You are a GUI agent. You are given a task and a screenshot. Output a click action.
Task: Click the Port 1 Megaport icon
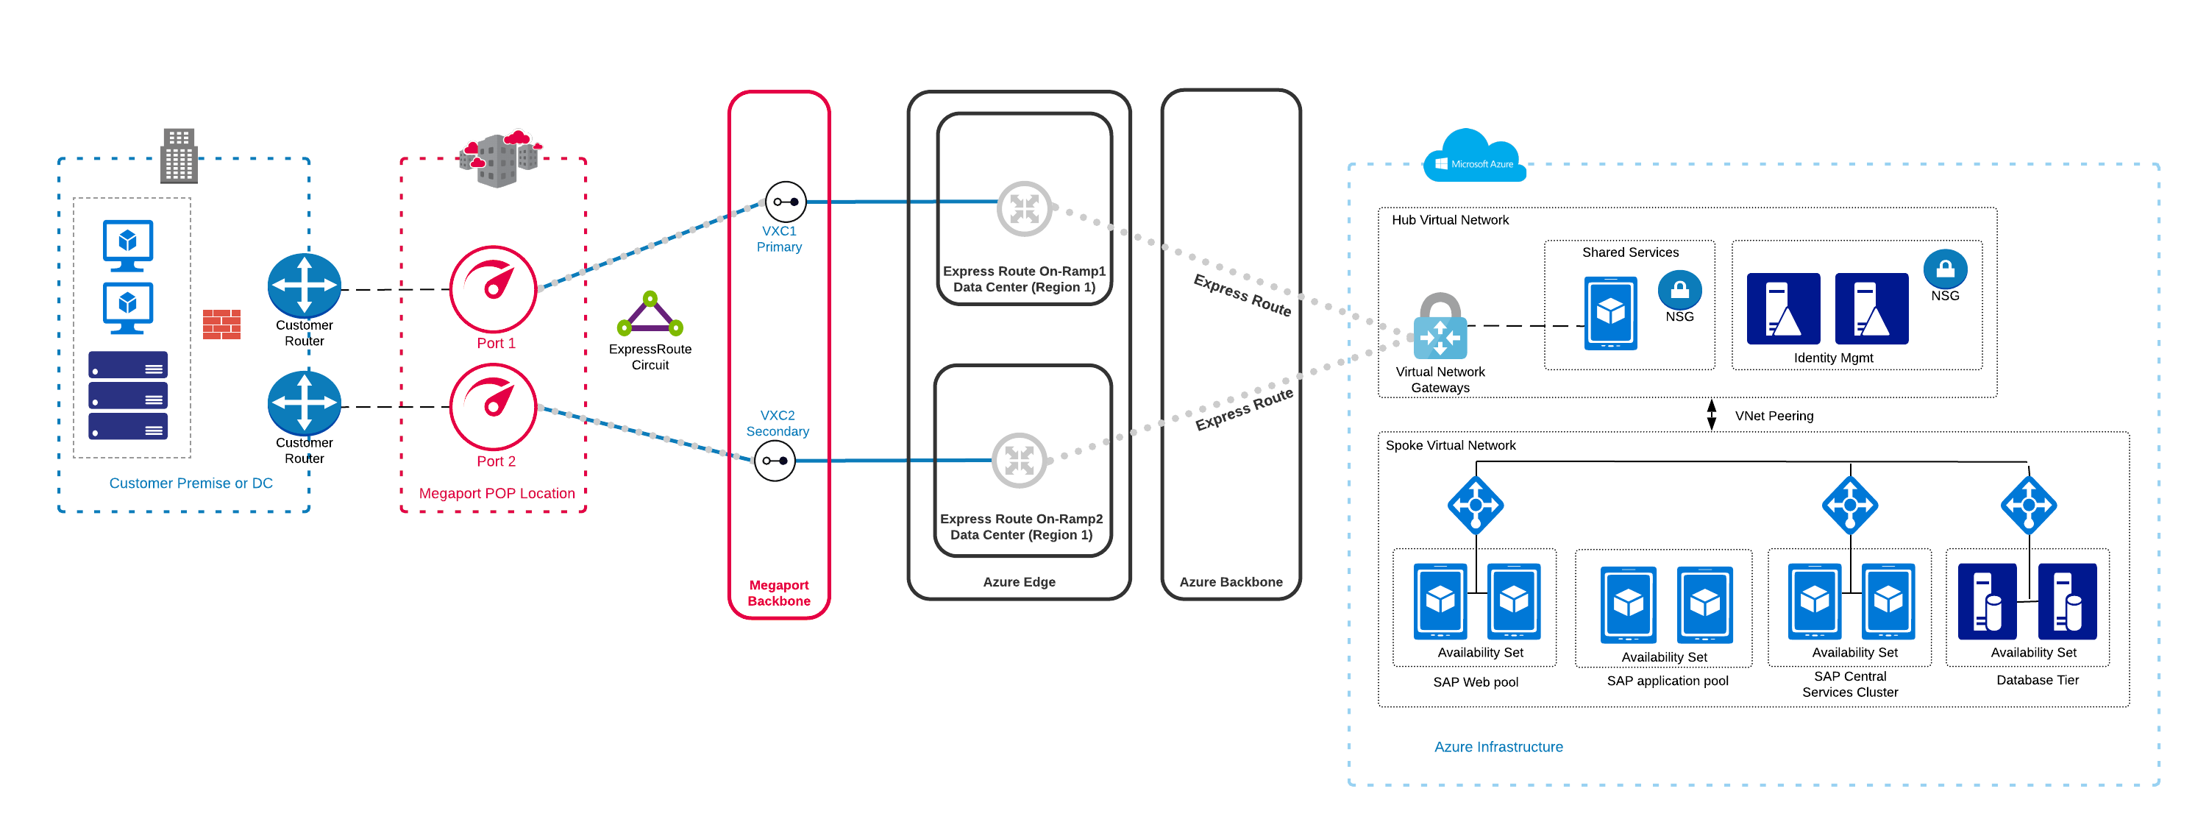click(x=493, y=289)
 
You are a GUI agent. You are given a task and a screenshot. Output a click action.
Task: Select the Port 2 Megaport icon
click(x=493, y=407)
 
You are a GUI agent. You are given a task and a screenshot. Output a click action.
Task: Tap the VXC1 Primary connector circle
click(x=786, y=202)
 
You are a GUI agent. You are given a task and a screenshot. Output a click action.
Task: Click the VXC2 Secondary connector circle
click(x=775, y=461)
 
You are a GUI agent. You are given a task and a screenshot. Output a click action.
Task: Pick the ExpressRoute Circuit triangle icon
click(x=650, y=314)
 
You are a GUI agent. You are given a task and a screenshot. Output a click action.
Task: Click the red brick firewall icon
click(x=221, y=325)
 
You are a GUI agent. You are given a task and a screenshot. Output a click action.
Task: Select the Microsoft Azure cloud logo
click(x=1474, y=157)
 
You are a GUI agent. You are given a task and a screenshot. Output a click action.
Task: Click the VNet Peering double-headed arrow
click(x=1711, y=414)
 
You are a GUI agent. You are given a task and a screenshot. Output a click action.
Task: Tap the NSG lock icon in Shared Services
click(x=1679, y=290)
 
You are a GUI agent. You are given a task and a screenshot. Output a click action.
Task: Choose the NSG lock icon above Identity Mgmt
click(x=1945, y=269)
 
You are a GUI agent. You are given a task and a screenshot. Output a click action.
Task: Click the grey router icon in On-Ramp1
click(x=1024, y=208)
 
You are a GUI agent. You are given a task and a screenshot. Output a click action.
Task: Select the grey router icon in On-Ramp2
click(x=1019, y=461)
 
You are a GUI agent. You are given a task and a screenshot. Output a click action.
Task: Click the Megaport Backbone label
click(x=779, y=593)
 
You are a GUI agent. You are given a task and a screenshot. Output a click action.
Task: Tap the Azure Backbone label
click(x=1231, y=582)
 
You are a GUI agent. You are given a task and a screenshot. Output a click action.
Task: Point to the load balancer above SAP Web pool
click(x=1475, y=505)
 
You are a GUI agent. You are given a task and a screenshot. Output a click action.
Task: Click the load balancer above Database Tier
click(x=2028, y=505)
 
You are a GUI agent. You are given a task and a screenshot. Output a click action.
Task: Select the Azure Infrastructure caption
click(x=1498, y=746)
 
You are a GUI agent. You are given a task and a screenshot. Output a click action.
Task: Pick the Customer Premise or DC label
click(x=191, y=483)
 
